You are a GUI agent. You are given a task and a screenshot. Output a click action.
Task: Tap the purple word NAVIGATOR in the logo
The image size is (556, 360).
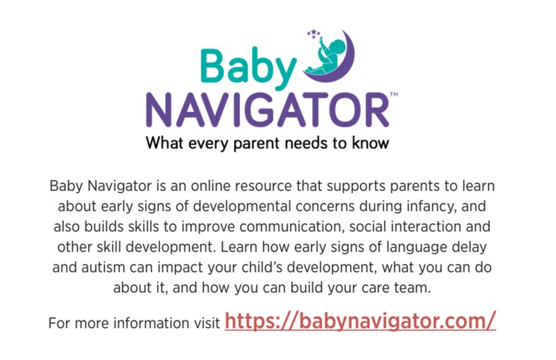[268, 111]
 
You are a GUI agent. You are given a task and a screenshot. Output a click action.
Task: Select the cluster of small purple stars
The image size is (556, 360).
[314, 34]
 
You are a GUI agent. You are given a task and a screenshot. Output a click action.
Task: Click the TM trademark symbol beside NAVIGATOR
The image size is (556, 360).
[394, 94]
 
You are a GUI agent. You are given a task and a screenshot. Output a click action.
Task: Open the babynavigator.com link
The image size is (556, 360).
[361, 321]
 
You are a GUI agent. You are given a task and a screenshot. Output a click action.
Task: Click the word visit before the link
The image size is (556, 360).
[208, 323]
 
